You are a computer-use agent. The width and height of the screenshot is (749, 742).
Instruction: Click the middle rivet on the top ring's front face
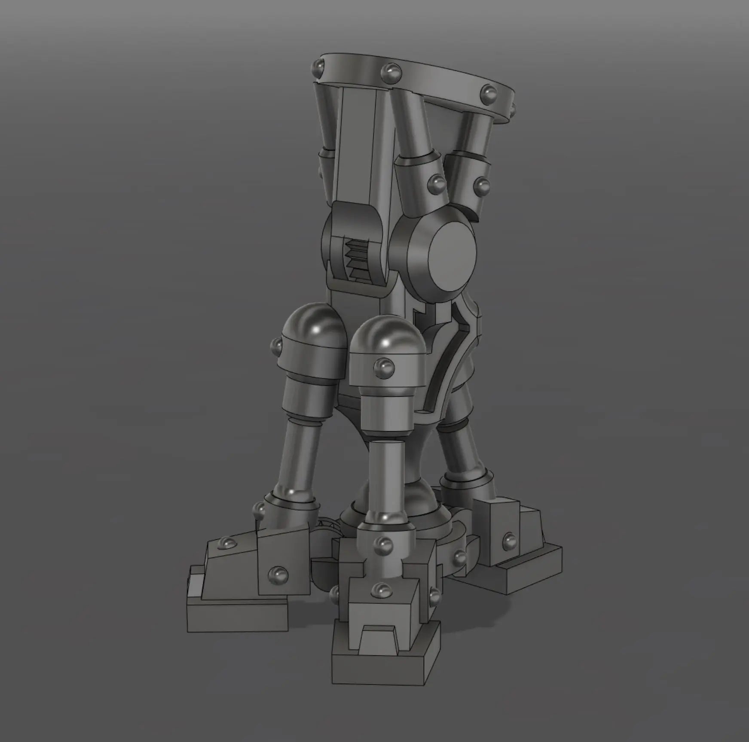[391, 70]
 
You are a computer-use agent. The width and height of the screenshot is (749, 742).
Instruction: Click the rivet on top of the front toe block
[382, 590]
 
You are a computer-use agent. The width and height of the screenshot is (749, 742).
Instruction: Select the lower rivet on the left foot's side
[278, 575]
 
